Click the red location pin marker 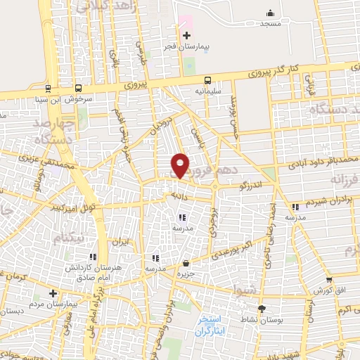point(181,165)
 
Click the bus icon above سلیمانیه point(207,80)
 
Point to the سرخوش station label point(79,98)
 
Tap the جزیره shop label point(185,273)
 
